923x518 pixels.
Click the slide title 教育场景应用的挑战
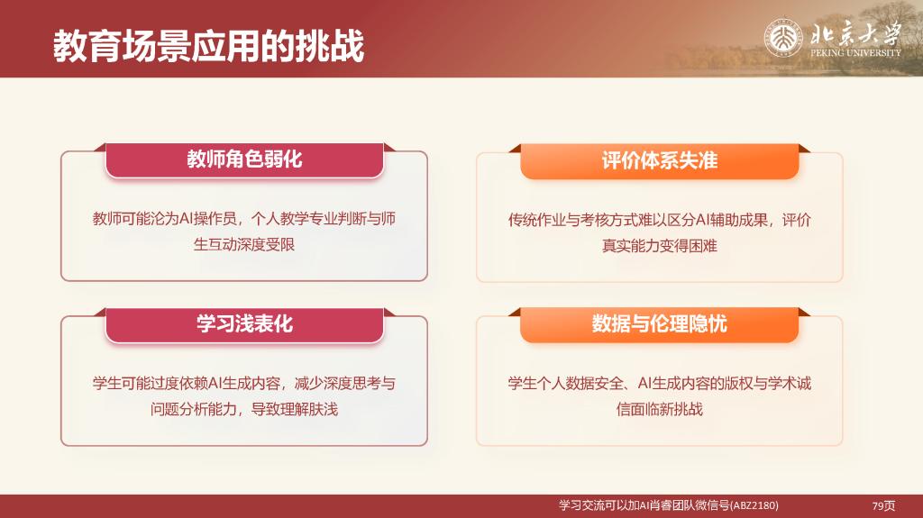coord(209,46)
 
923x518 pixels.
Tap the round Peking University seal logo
coord(783,39)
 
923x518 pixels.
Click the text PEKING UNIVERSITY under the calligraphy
coord(855,53)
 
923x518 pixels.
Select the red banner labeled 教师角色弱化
coord(244,159)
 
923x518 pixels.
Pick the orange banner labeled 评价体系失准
coord(659,160)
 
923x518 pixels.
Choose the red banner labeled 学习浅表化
coord(244,324)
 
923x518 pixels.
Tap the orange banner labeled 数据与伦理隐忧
coord(659,324)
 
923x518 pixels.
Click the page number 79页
coord(883,505)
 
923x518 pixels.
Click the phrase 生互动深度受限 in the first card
coord(244,244)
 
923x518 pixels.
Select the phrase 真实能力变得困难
coord(659,245)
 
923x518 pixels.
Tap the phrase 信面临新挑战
coord(659,409)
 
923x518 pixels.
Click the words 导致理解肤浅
coord(295,409)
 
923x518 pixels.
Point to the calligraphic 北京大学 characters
coord(855,33)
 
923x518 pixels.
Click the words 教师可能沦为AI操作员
coord(164,219)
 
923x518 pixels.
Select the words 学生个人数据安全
coord(565,384)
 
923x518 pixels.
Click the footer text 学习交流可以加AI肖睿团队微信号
coord(644,505)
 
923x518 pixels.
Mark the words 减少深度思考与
coord(345,384)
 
